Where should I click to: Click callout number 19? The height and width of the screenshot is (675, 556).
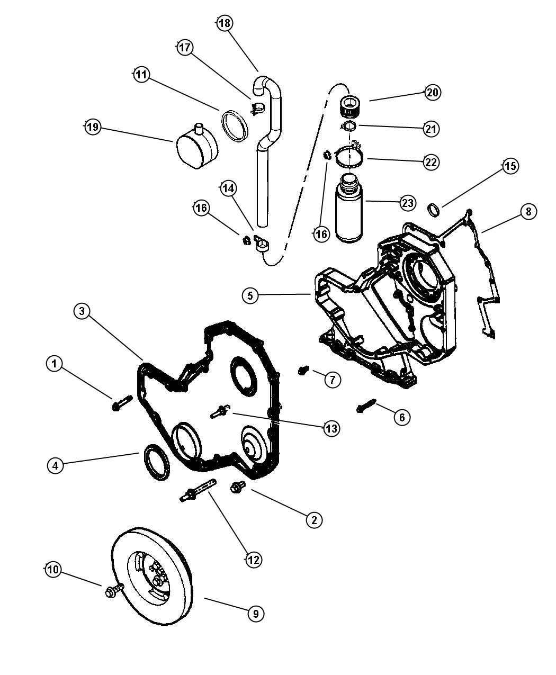pyautogui.click(x=93, y=128)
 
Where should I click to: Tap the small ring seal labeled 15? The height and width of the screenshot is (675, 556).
pyautogui.click(x=434, y=210)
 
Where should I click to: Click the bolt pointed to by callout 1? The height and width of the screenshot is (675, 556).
pyautogui.click(x=118, y=405)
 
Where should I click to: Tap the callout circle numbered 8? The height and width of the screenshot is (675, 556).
pyautogui.click(x=527, y=212)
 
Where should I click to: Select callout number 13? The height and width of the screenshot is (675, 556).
pyautogui.click(x=331, y=428)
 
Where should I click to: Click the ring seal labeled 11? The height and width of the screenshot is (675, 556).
pyautogui.click(x=235, y=125)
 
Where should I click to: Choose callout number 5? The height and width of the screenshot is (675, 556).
pyautogui.click(x=250, y=295)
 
